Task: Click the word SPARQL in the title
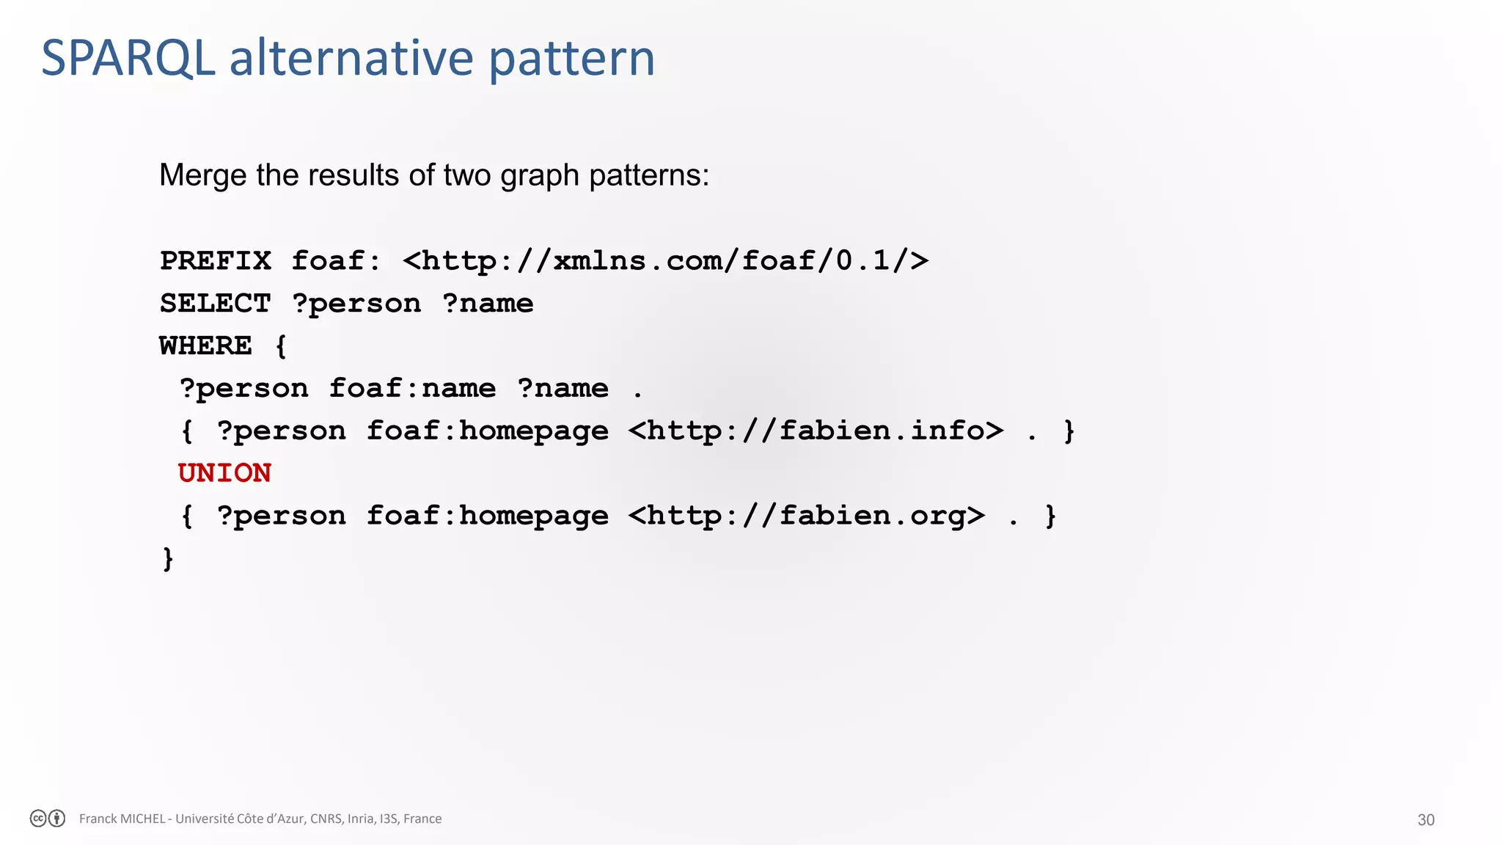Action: [x=128, y=59]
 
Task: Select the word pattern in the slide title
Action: [x=571, y=60]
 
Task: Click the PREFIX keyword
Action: [x=216, y=261]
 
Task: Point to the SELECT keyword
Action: [x=216, y=304]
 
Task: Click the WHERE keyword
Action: [x=206, y=345]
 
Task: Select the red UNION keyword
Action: [x=224, y=473]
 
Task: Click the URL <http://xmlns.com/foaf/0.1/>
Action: [x=665, y=261]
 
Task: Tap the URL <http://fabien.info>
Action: [x=816, y=431]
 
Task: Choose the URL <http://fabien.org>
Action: [x=806, y=516]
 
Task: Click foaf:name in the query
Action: [x=412, y=388]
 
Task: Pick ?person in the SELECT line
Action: [x=356, y=304]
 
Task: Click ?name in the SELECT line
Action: [x=488, y=304]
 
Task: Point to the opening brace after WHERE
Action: [x=281, y=346]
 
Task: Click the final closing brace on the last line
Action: [x=168, y=559]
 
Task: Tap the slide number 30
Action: [x=1425, y=820]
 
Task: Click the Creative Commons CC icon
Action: [x=38, y=819]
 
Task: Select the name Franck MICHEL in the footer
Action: [x=122, y=819]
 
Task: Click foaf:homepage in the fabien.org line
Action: [x=487, y=516]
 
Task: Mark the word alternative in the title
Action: [x=351, y=59]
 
